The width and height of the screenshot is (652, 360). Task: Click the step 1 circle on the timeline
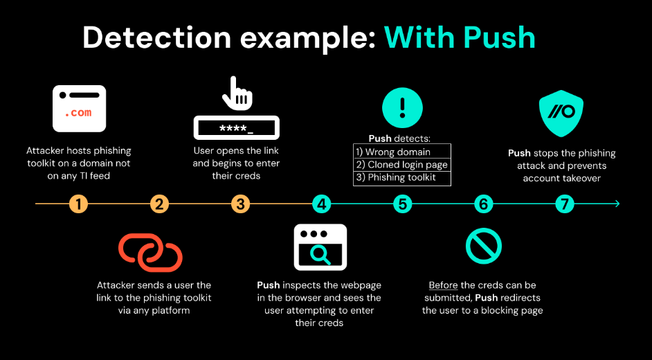pos(79,204)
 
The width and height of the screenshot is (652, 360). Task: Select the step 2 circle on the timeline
pos(160,204)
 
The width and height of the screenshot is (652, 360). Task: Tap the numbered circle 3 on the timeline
pos(241,204)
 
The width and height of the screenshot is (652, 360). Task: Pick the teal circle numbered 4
pos(321,204)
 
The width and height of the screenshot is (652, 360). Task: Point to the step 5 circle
pos(402,204)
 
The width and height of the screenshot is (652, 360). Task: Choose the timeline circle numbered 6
pos(483,204)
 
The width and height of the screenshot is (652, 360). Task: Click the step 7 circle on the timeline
pos(565,204)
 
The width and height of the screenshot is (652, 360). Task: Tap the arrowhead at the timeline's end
pos(616,204)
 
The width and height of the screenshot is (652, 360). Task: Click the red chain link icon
pos(150,252)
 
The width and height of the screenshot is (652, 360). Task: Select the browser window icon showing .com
pos(80,109)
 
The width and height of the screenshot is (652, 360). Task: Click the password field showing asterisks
pos(236,128)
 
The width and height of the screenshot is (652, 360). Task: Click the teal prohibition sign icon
pos(483,246)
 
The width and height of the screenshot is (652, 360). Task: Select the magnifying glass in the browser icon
pos(321,255)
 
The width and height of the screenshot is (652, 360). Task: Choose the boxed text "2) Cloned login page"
pos(402,165)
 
